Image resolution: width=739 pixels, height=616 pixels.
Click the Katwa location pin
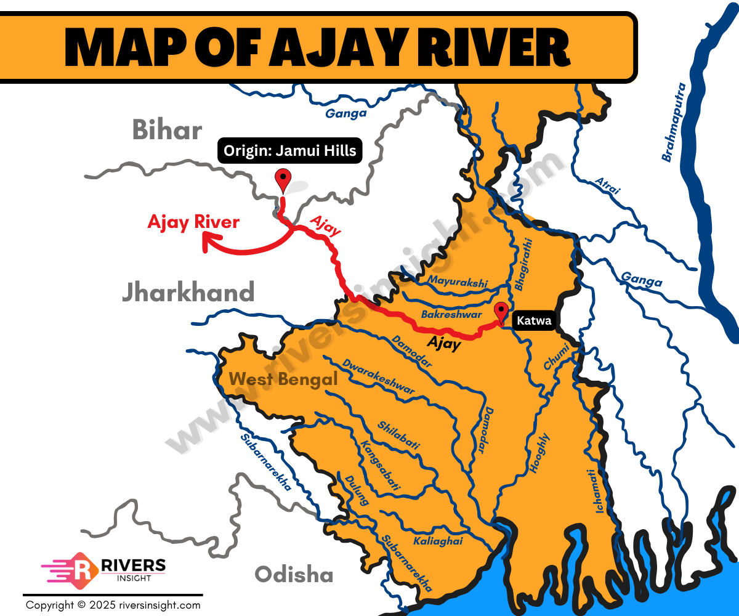tap(502, 312)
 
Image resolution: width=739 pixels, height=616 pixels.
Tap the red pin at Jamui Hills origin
tap(283, 178)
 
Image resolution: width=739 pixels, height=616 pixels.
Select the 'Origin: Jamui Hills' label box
tap(289, 151)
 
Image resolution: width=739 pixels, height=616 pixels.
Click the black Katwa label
tap(534, 320)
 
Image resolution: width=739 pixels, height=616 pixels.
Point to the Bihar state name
tap(167, 131)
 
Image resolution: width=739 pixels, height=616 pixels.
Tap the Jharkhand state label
tap(188, 292)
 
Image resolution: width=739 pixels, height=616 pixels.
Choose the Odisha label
tap(294, 575)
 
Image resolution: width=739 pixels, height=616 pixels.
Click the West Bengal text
tap(283, 379)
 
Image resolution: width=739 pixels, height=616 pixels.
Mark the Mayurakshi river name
tap(458, 283)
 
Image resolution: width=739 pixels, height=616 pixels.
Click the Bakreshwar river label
tap(451, 314)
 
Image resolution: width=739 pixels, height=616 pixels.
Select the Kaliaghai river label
tap(437, 540)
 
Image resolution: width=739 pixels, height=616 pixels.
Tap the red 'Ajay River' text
tap(193, 222)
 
